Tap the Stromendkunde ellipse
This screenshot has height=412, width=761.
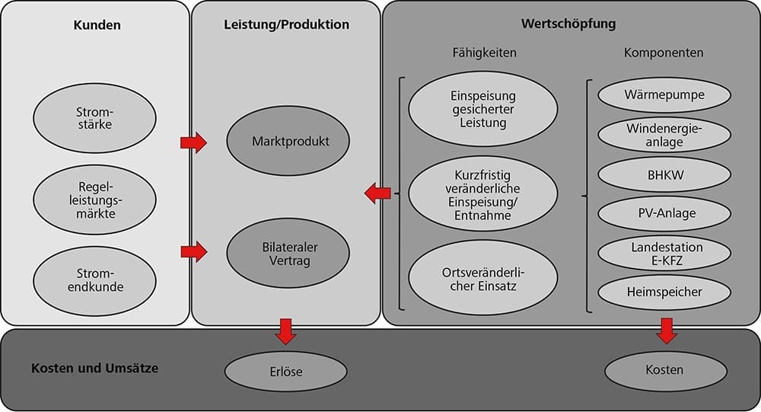[94, 281]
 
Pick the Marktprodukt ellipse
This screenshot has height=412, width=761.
[289, 142]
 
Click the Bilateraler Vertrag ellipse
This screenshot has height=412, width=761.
[289, 254]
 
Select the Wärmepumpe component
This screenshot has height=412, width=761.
[664, 97]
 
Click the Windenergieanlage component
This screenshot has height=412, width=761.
[664, 136]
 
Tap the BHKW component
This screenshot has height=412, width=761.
[664, 174]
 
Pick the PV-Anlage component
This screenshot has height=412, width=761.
[664, 213]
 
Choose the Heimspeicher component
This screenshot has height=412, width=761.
[664, 292]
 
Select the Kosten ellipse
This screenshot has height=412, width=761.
[664, 370]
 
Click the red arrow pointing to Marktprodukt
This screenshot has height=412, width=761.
[193, 142]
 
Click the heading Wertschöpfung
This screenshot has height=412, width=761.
[568, 24]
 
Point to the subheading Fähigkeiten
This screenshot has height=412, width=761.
[484, 53]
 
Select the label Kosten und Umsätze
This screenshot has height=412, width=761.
[96, 369]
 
